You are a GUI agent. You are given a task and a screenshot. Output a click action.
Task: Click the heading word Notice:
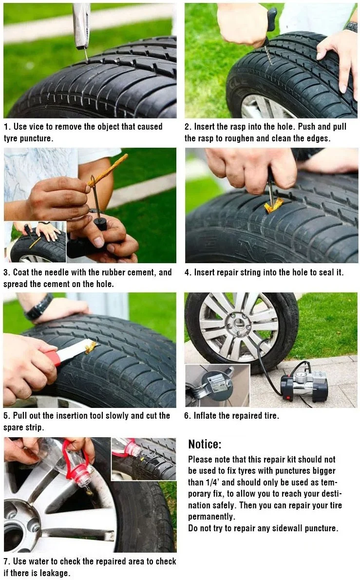tap(205, 444)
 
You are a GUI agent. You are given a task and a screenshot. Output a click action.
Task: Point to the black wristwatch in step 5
tap(38, 307)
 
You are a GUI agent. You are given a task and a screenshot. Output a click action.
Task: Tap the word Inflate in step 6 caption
tap(206, 416)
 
